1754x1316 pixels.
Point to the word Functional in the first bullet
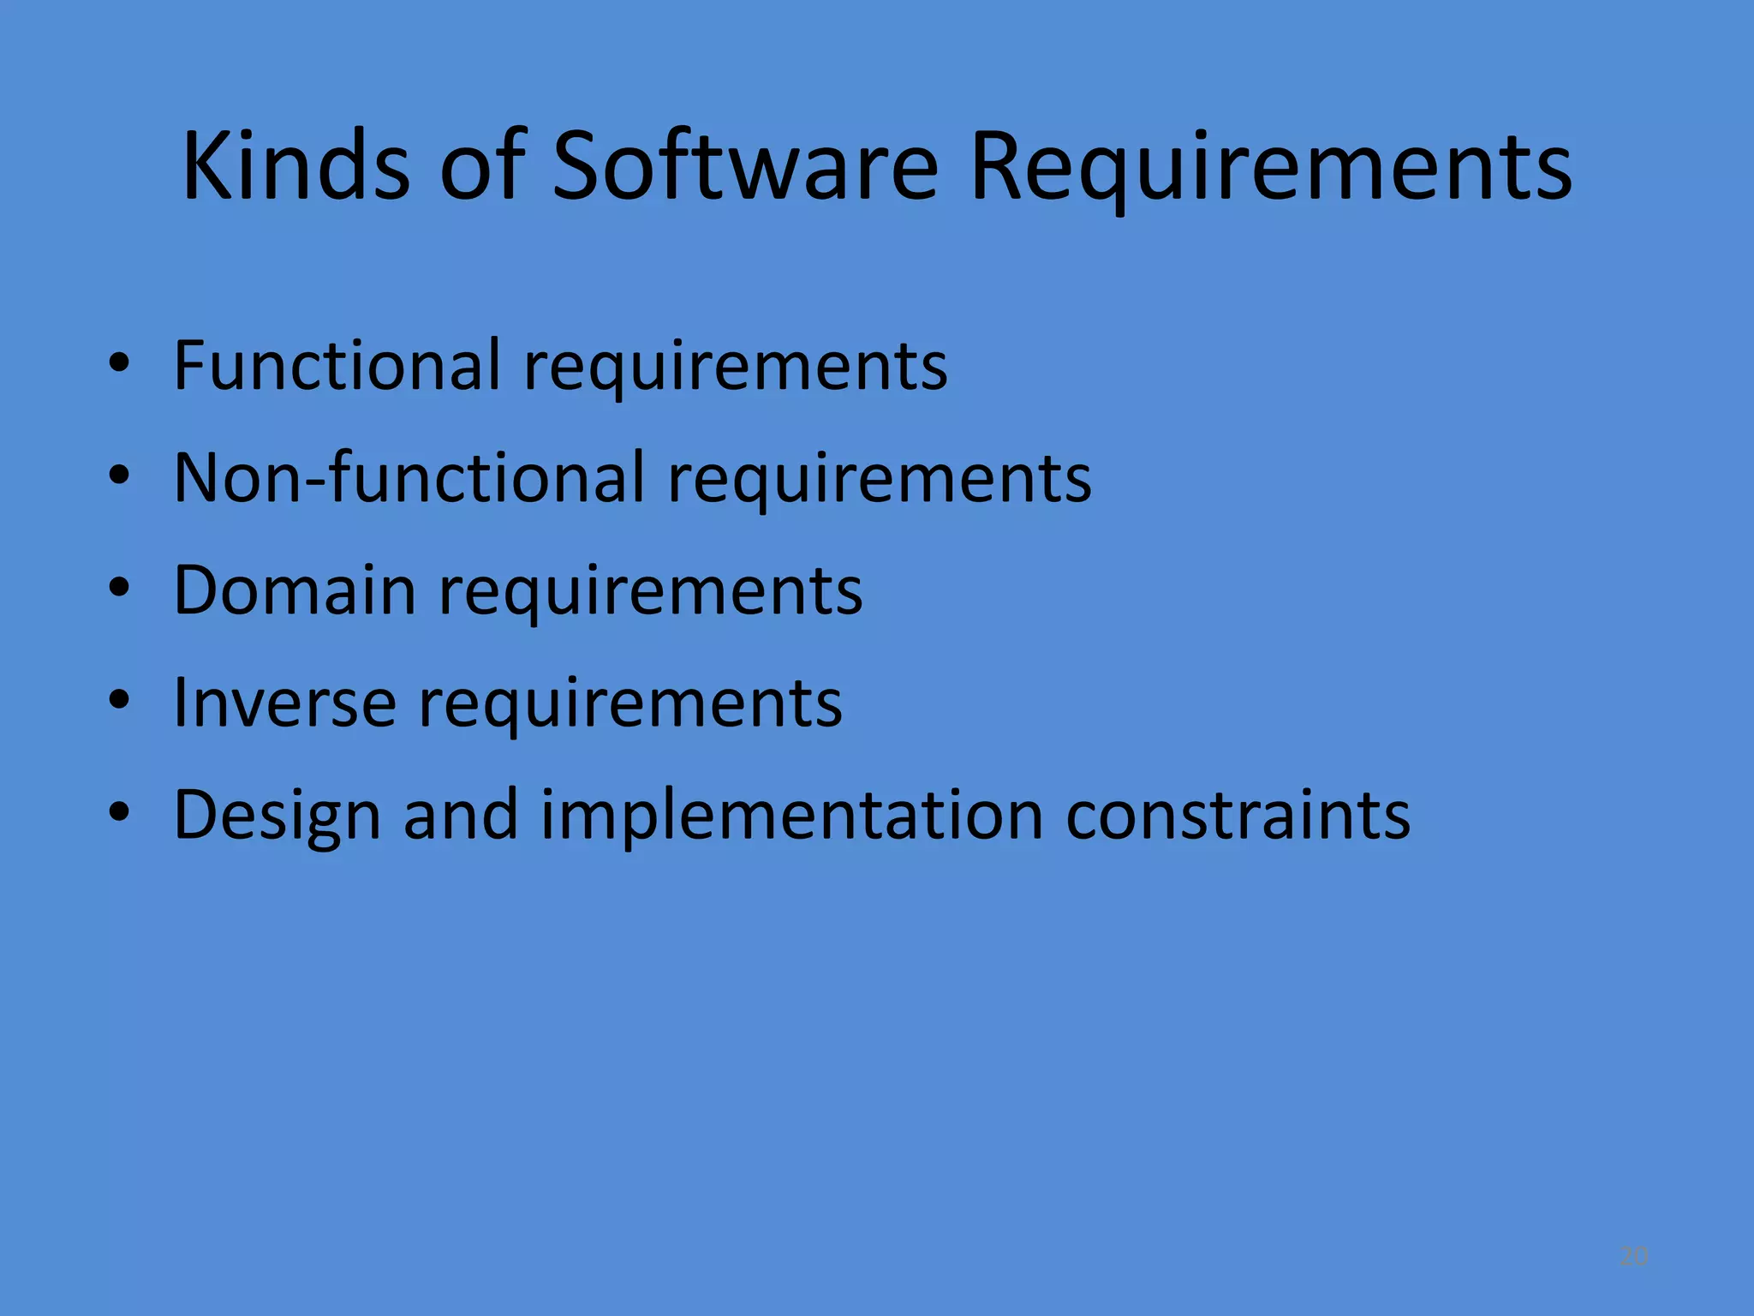coord(337,365)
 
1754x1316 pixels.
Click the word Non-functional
coord(409,477)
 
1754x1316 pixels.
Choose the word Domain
coord(295,590)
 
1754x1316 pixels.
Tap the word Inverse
coord(284,703)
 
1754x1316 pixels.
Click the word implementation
coord(791,816)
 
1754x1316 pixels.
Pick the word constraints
coord(1238,815)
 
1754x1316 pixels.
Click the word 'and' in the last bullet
coord(460,815)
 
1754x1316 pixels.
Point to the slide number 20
coord(1633,1256)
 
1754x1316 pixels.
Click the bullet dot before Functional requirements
coord(120,363)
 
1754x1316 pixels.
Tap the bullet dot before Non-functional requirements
coord(120,476)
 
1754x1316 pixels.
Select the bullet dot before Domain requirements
coord(120,589)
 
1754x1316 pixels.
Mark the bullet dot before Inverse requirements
coord(120,701)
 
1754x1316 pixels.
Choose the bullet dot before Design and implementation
coord(120,813)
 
